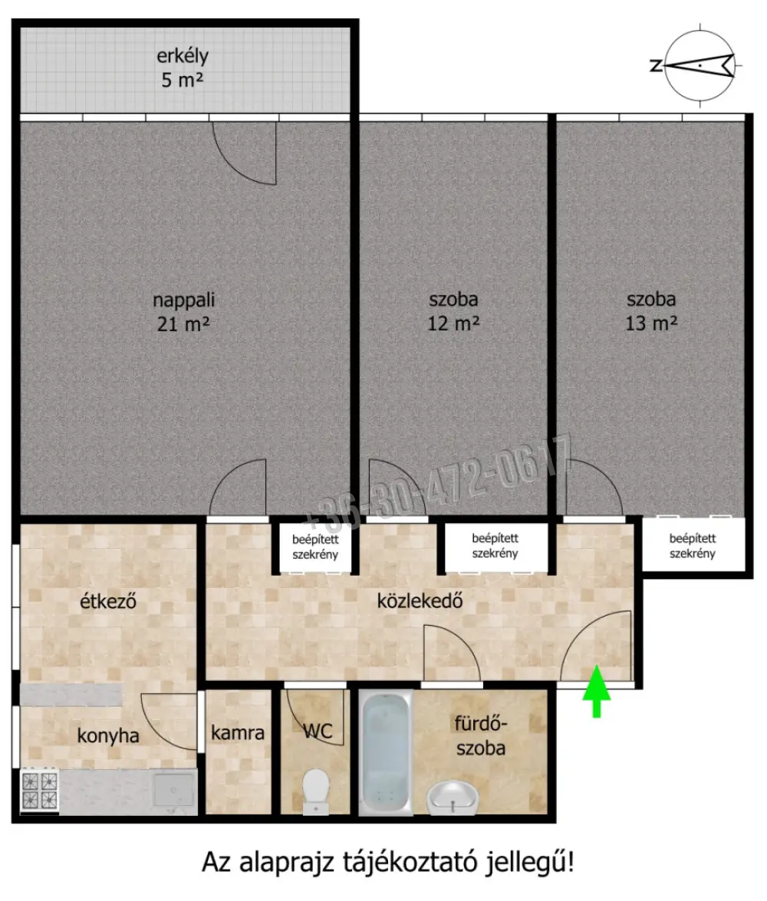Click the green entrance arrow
[597, 691]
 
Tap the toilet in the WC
[315, 791]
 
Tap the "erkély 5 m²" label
[183, 67]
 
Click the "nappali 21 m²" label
[183, 312]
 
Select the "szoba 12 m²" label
[453, 311]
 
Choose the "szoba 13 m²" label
[651, 311]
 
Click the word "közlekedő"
[420, 601]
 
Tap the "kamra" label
[238, 732]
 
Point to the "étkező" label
[108, 601]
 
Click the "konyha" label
[108, 735]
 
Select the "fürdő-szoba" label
[481, 735]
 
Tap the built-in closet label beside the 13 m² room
[693, 546]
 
